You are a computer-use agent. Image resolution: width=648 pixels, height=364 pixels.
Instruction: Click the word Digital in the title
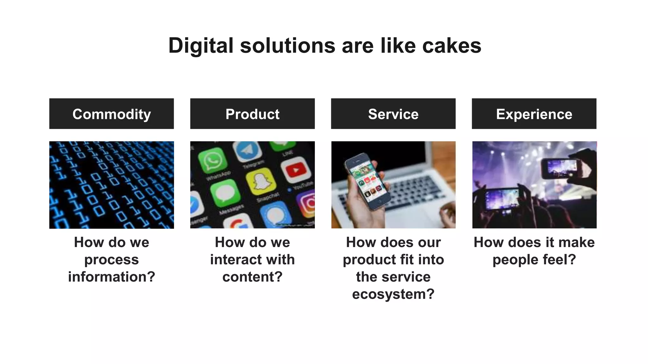[201, 46]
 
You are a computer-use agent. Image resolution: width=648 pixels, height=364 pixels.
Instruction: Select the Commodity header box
[111, 114]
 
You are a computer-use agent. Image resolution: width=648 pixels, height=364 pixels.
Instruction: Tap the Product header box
[252, 114]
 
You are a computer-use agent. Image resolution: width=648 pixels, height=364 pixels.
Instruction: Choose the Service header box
[393, 114]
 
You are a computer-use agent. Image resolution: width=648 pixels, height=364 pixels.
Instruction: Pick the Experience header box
[534, 114]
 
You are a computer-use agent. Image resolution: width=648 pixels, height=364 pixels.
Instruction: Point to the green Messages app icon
[225, 192]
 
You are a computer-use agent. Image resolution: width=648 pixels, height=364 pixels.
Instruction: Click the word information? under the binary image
[111, 277]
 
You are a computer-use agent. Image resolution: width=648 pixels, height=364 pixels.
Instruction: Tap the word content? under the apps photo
[252, 277]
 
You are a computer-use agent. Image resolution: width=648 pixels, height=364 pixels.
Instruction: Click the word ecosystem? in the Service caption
[393, 294]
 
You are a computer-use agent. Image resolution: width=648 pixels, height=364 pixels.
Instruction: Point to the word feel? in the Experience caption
[559, 260]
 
